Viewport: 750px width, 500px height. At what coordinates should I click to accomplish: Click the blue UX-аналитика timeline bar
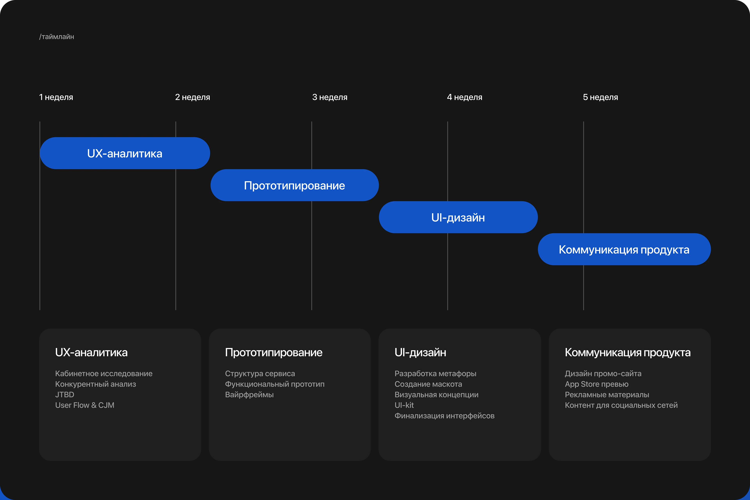125,153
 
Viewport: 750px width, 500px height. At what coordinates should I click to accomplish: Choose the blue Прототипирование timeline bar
294,185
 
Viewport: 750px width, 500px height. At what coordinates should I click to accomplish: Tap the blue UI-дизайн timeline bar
458,217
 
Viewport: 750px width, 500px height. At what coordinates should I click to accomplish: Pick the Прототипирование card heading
274,352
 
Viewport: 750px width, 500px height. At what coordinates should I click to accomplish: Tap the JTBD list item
64,395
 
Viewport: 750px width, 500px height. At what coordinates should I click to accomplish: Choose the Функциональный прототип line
275,384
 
